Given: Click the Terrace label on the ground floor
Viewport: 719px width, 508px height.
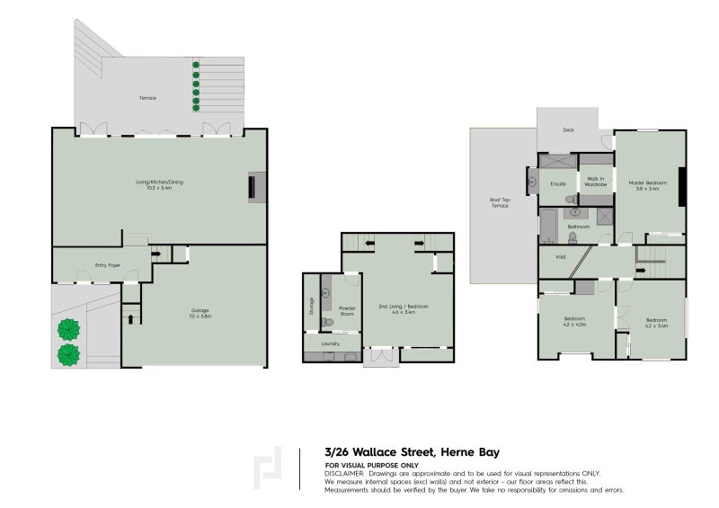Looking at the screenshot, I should click(x=147, y=97).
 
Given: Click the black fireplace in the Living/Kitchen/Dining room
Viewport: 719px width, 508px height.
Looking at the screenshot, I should click(x=253, y=187).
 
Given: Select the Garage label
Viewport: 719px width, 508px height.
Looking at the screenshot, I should click(x=199, y=313).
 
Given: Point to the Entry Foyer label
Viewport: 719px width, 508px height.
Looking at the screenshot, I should click(x=108, y=265).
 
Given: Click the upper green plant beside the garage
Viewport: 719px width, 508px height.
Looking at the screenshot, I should click(x=67, y=329).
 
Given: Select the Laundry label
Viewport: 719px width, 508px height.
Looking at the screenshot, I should click(x=329, y=343).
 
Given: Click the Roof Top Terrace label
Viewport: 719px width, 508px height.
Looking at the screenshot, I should click(x=499, y=202).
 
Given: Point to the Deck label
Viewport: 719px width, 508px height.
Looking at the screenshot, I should click(x=568, y=130).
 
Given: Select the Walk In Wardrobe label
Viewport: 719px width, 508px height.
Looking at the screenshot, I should click(x=596, y=181).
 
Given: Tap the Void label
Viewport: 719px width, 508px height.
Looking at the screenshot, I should click(x=560, y=257).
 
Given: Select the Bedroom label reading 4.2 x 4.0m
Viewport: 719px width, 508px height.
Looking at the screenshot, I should click(x=574, y=322).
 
